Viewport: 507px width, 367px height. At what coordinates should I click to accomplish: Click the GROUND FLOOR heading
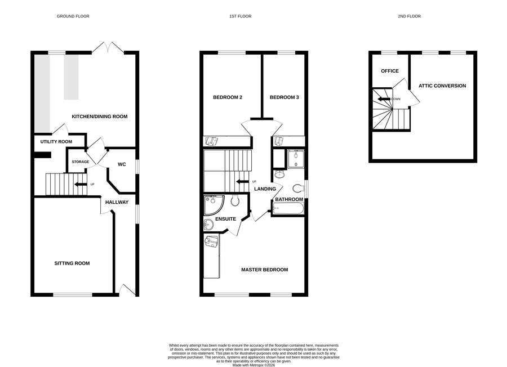point(73,16)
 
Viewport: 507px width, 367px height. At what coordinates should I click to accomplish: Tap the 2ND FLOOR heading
point(410,16)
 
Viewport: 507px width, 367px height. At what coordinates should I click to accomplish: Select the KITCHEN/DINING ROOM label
point(100,117)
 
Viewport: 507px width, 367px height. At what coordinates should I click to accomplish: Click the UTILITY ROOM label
point(56,141)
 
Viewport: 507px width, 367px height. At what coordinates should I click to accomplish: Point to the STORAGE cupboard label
point(80,162)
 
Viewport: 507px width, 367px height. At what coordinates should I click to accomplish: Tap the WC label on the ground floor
point(122,164)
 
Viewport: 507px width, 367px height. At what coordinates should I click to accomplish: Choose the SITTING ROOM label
point(72,263)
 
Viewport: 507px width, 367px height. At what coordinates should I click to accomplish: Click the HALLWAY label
point(117,202)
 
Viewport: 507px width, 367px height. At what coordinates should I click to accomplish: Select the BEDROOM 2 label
point(228,97)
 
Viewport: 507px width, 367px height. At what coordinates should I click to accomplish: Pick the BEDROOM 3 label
point(284,97)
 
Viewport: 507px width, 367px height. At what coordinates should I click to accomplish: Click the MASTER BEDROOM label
point(265,270)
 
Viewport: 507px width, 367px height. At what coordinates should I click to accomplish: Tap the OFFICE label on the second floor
point(390,71)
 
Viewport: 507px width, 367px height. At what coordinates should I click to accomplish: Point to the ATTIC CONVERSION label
point(442,86)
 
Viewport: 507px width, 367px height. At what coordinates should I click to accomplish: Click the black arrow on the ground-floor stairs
point(81,185)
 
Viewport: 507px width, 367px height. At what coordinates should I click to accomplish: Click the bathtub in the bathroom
point(288,208)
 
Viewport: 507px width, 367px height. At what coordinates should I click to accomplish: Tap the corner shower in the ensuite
point(214,205)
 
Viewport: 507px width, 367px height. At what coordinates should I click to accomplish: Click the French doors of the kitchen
point(108,47)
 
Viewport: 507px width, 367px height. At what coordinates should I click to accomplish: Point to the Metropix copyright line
point(254,365)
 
